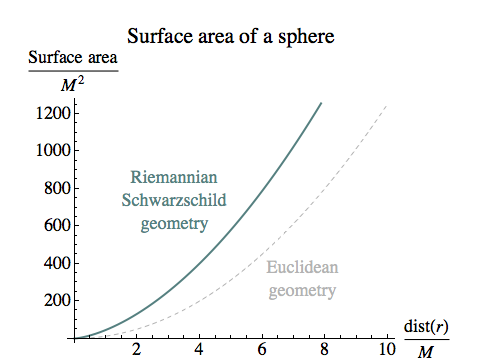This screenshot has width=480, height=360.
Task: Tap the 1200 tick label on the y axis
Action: pos(52,113)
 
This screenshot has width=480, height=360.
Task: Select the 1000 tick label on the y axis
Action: pos(52,151)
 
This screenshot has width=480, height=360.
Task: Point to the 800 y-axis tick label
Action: pos(56,188)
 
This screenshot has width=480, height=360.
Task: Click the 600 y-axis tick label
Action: pos(56,226)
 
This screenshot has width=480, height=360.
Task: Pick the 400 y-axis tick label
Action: pos(56,263)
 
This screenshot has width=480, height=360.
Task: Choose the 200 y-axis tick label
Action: pos(56,301)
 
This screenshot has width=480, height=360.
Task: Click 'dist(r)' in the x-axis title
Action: pos(426,328)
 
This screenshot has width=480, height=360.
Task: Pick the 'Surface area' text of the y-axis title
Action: pos(72,58)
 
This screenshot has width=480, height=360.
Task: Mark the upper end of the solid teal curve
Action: pos(321,102)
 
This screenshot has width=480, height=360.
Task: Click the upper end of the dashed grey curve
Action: pos(386,104)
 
